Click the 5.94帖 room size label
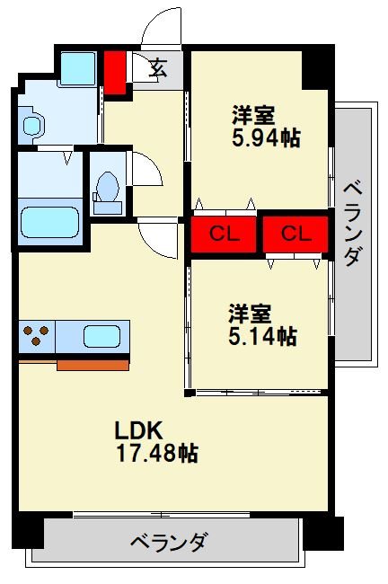[265, 137]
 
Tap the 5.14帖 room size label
[261, 336]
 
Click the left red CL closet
[224, 234]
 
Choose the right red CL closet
[295, 234]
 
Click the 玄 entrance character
[158, 66]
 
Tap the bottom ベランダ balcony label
[170, 542]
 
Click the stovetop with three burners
[36, 336]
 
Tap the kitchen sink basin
[101, 336]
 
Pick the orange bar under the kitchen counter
[93, 364]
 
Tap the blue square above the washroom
[78, 68]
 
